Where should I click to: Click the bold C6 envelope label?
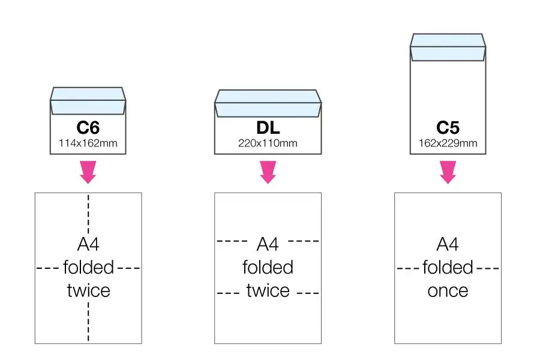pos(88,128)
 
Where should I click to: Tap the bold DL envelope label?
pos(268,128)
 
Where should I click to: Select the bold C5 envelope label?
pos(448,128)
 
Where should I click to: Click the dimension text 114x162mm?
pos(88,143)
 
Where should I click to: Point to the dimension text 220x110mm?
pos(268,143)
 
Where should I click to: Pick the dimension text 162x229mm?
pos(448,143)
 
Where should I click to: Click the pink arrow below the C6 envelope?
pos(88,172)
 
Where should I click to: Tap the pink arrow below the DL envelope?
pos(268,172)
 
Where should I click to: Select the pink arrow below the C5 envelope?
pos(448,172)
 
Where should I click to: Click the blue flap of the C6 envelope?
pos(88,101)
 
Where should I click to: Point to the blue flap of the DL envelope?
pos(268,103)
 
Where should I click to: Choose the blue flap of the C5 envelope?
pos(448,47)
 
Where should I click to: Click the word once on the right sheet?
pos(448,291)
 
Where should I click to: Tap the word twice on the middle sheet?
pos(268,290)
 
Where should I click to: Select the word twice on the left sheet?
pos(89,290)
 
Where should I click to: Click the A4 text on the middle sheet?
pos(268,244)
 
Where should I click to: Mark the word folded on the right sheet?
pos(448,268)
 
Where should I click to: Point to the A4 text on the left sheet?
pos(88,244)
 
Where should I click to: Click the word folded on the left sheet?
pos(88,268)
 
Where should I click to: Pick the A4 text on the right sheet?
pos(448,244)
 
